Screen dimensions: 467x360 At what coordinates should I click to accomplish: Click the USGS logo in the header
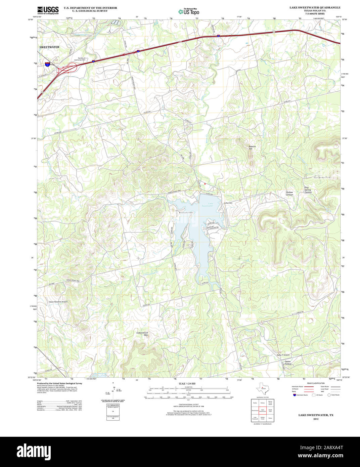(48, 10)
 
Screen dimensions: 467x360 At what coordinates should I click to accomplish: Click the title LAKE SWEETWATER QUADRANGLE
(315, 7)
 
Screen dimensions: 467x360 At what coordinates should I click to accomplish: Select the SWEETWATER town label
(49, 47)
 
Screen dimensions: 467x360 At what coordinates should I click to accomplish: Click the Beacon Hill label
(252, 147)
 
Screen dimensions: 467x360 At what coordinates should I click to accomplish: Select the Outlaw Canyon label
(289, 194)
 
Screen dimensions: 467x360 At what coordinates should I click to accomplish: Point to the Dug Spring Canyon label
(308, 190)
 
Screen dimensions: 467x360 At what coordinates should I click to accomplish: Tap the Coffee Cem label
(228, 203)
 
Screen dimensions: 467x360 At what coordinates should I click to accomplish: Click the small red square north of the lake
(205, 184)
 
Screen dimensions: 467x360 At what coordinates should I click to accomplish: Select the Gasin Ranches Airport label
(58, 302)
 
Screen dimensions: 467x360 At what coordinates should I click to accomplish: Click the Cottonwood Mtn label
(142, 334)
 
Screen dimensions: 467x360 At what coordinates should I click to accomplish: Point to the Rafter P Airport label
(283, 355)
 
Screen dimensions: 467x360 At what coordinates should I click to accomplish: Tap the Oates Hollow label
(288, 363)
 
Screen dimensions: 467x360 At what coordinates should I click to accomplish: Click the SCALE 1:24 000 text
(187, 383)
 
